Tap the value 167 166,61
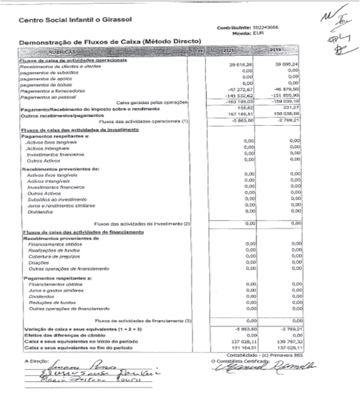pyautogui.click(x=240, y=114)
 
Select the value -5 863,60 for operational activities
pyautogui.click(x=241, y=120)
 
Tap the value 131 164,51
pyautogui.click(x=241, y=349)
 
